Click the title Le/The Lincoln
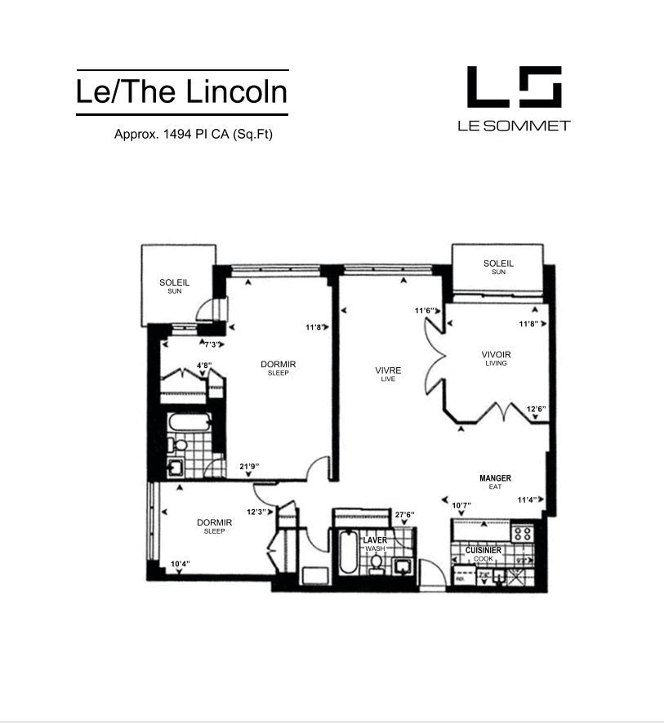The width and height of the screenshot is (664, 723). [181, 91]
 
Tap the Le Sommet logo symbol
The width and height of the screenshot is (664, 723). [514, 86]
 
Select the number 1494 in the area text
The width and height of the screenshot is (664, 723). [176, 134]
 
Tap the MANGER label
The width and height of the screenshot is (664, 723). [495, 478]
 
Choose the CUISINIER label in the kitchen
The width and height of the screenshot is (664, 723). [483, 550]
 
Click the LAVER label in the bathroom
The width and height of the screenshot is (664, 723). [375, 539]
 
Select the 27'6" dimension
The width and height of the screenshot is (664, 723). [404, 515]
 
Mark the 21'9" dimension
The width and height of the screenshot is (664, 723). [249, 467]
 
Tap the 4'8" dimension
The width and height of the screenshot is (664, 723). [204, 365]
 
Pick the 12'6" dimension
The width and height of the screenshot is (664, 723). [536, 409]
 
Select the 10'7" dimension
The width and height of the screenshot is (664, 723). [461, 505]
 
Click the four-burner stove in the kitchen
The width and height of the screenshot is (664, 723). [522, 534]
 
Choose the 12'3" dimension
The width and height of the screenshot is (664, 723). [256, 511]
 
